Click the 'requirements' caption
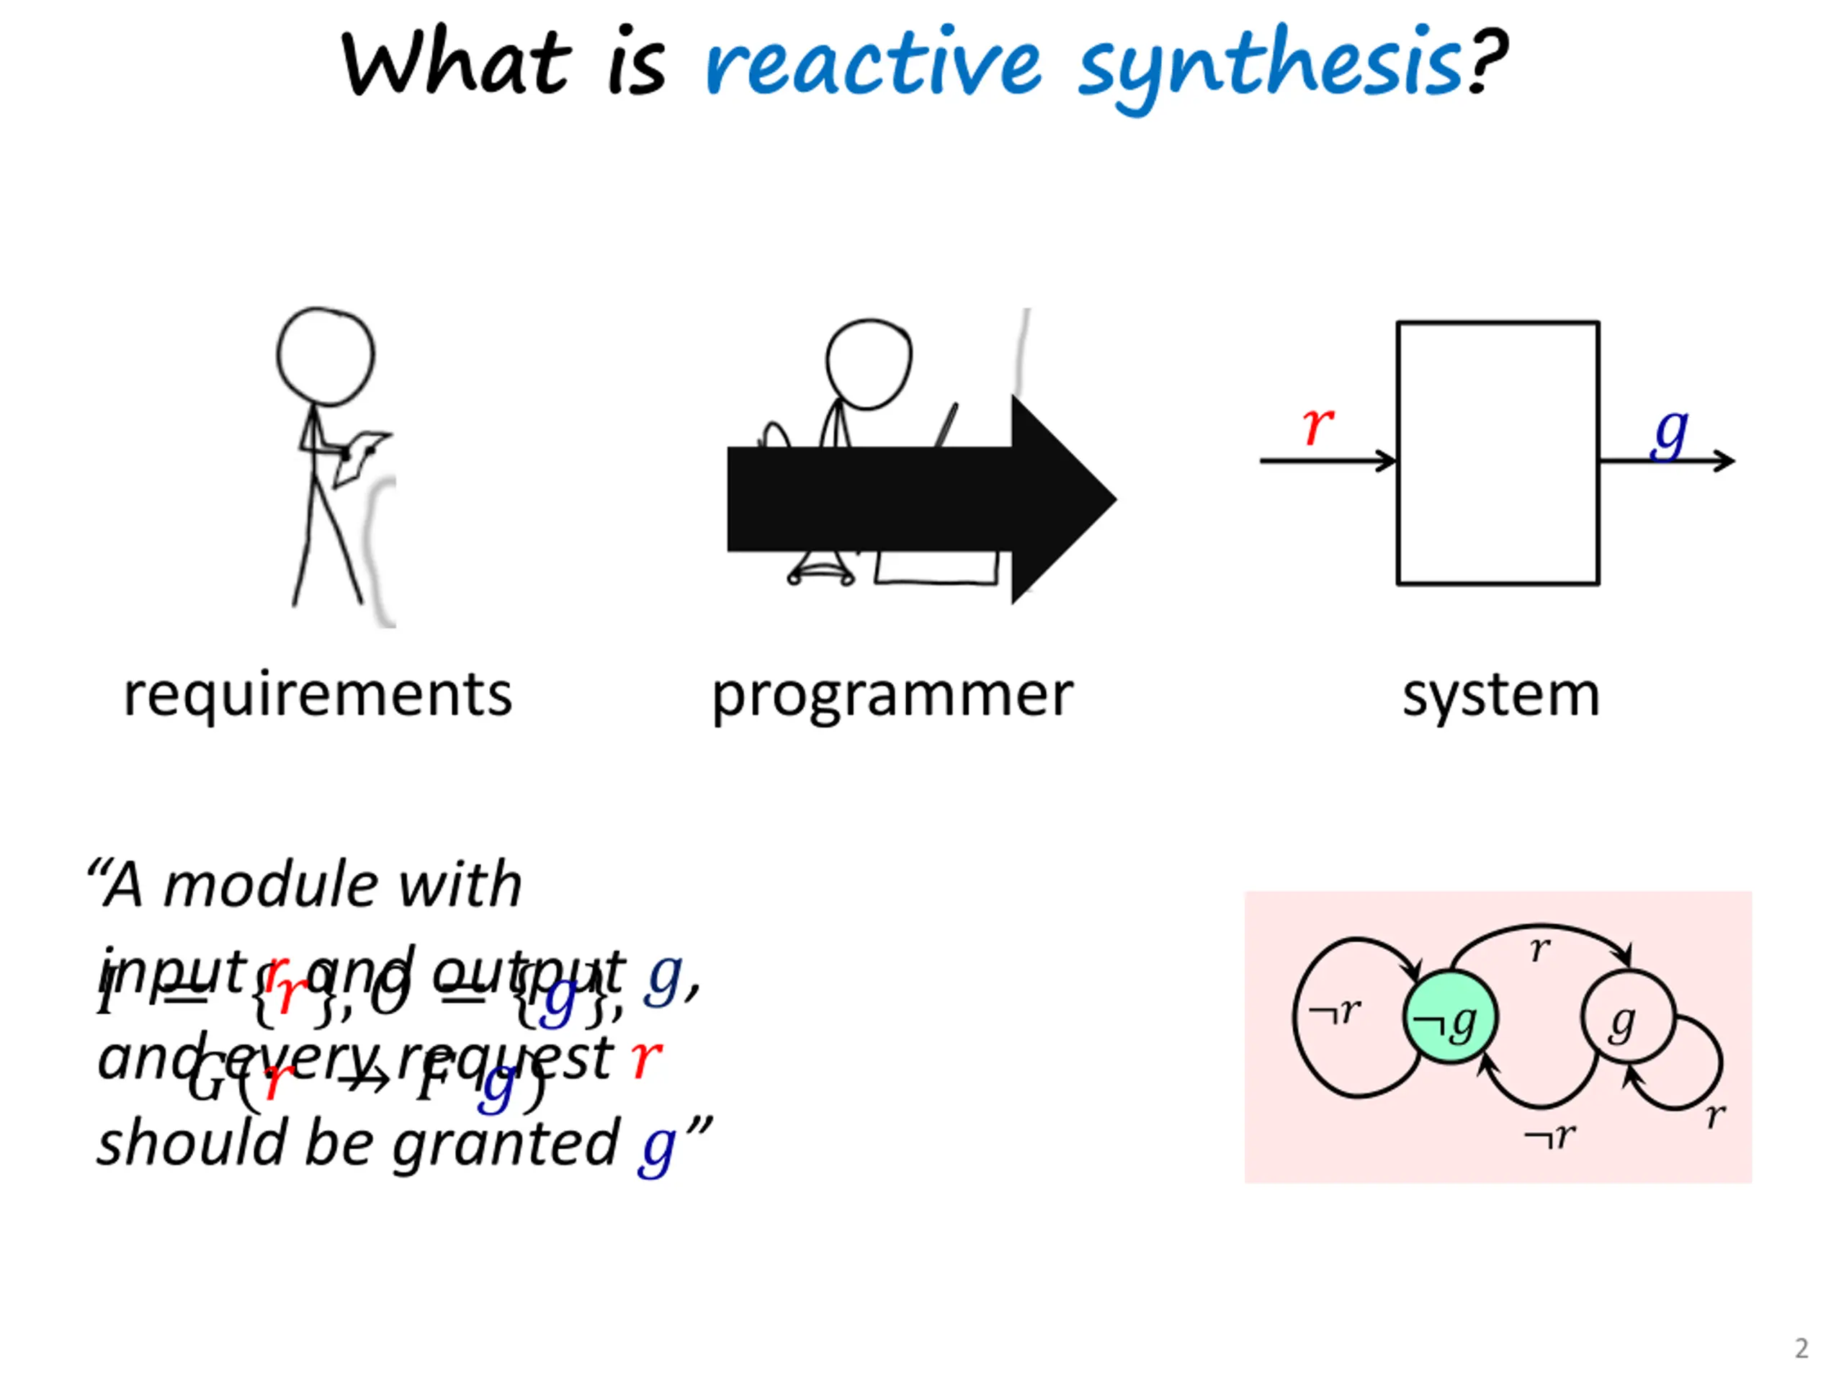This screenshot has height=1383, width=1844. (318, 694)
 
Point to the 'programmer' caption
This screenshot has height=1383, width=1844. (892, 694)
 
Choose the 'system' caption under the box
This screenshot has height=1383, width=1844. (1500, 694)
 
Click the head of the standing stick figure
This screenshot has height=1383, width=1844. (326, 356)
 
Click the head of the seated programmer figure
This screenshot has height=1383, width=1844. (869, 364)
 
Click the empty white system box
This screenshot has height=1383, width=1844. (1498, 452)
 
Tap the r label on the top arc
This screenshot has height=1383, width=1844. (1540, 949)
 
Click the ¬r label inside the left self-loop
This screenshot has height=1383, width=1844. (1335, 1012)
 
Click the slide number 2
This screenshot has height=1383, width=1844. (1801, 1348)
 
